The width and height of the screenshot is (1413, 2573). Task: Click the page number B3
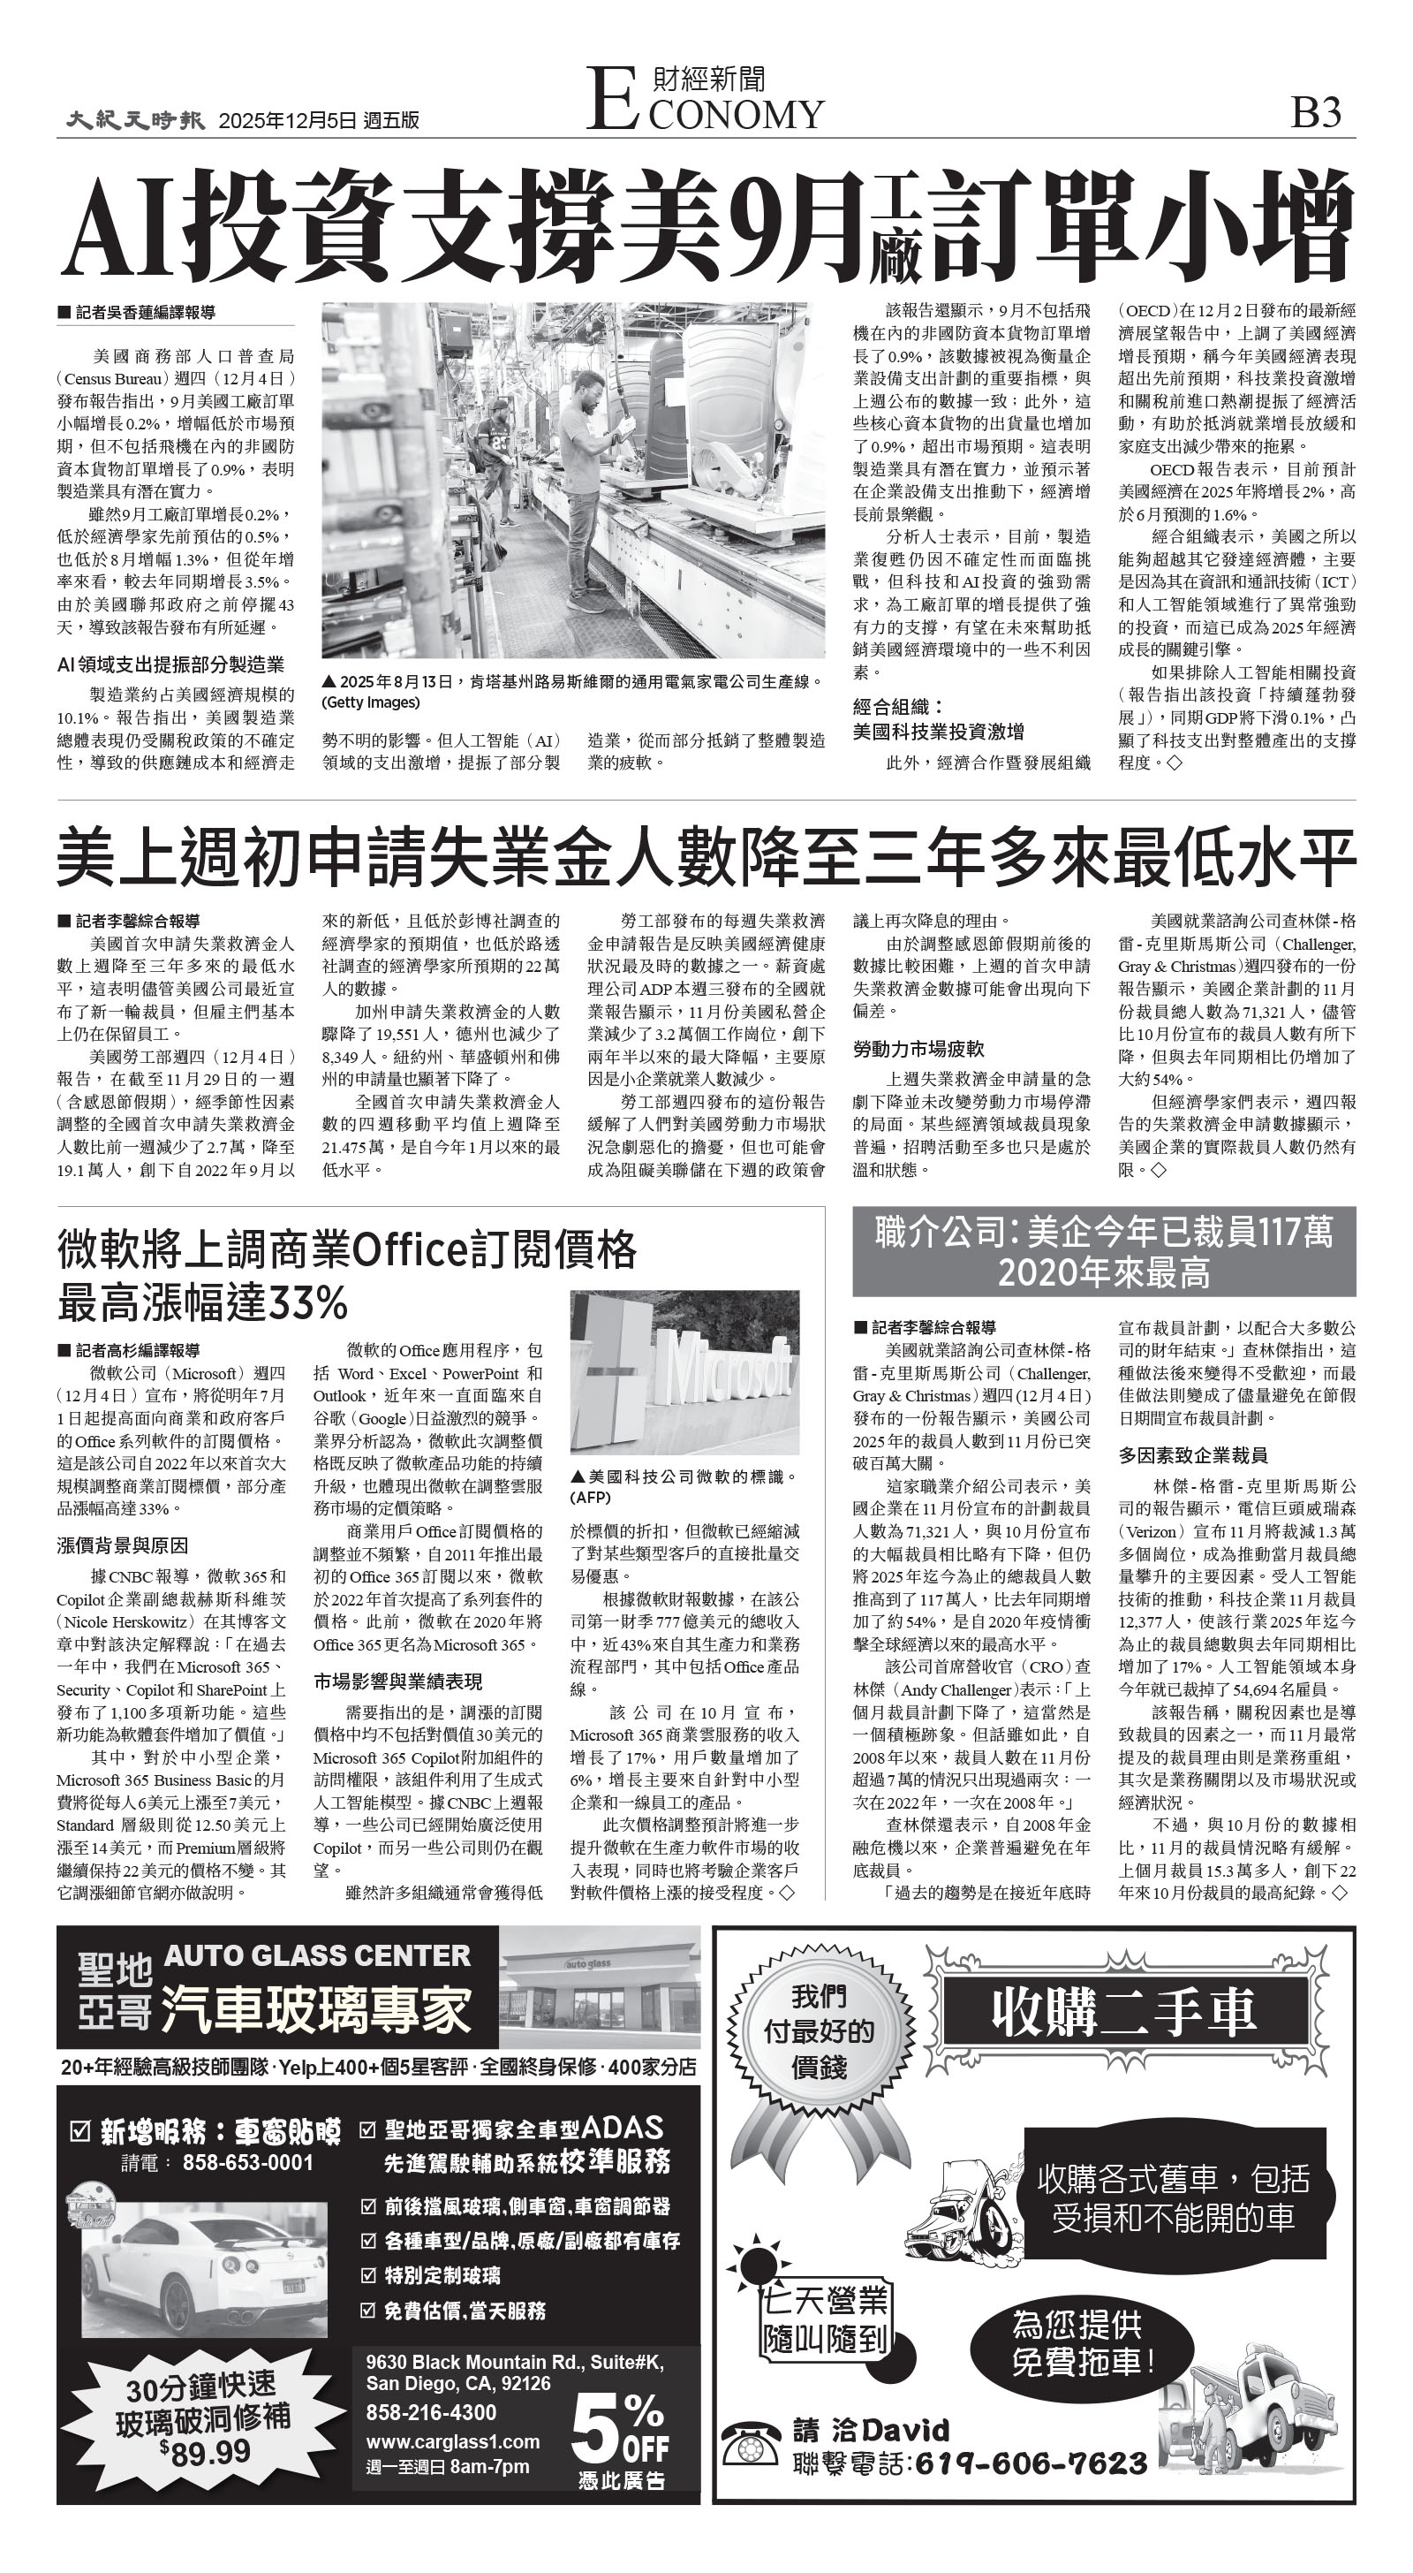point(1315,113)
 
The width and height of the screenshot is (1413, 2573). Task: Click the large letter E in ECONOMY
point(611,99)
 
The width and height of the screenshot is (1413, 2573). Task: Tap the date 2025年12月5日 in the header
point(288,121)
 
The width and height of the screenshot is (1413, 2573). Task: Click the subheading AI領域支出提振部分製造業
point(170,664)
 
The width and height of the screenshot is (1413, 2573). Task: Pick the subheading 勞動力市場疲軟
point(918,1049)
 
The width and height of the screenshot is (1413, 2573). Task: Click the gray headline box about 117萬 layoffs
point(1103,1251)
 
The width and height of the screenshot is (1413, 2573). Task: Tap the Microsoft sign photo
point(684,1372)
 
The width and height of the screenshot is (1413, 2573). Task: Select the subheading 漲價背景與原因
point(122,1545)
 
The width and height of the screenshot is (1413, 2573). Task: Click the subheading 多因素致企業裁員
point(1192,1455)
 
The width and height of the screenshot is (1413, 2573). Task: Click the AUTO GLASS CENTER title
point(316,1954)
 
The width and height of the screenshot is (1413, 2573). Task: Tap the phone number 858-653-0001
point(247,2161)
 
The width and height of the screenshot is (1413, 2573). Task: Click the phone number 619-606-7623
point(1030,2463)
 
